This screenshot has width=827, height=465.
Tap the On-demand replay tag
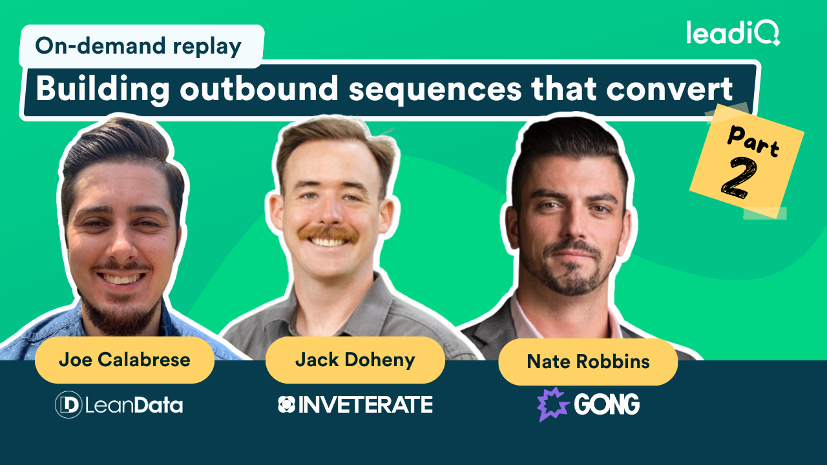tap(138, 46)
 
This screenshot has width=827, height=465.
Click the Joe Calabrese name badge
tap(124, 360)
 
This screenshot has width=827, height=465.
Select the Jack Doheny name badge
tap(355, 360)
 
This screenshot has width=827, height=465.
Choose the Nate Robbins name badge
tap(588, 362)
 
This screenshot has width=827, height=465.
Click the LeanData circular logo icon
tap(68, 405)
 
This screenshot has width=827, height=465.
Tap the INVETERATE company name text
tap(365, 405)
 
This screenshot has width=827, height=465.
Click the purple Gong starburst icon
tap(552, 404)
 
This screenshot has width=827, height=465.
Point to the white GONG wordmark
tap(606, 405)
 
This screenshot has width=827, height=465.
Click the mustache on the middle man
tap(329, 234)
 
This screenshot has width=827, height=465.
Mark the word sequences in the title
tap(435, 90)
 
